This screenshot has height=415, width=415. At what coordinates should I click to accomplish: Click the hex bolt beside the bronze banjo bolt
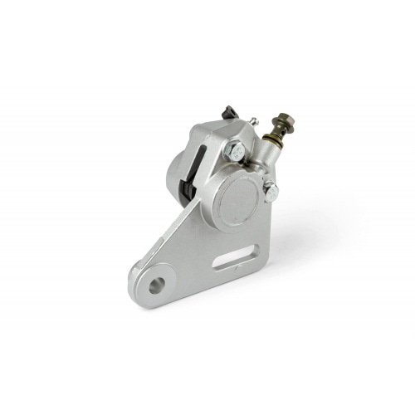point(235,151)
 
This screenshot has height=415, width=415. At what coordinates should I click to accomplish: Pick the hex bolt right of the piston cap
point(271,191)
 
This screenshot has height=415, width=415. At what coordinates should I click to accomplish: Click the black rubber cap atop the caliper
point(228,111)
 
